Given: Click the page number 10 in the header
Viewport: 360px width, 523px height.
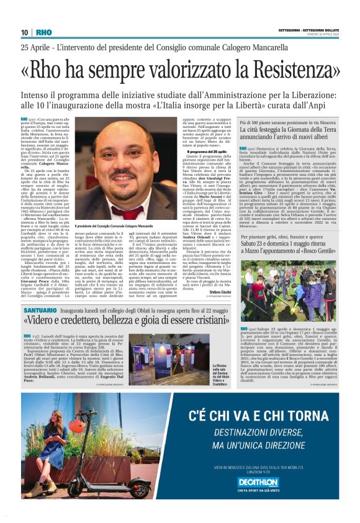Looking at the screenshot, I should click(x=24, y=32).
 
